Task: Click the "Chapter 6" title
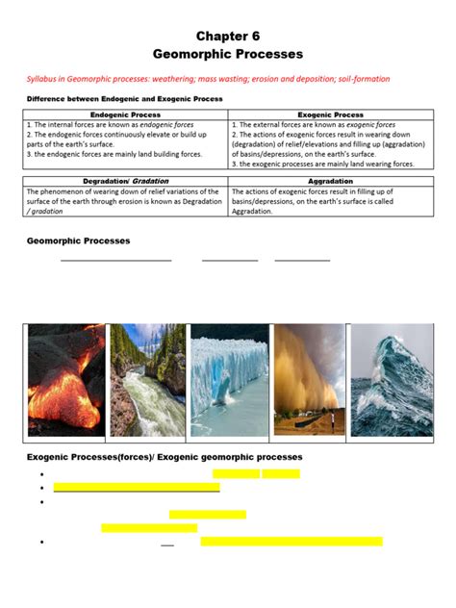[x=228, y=36]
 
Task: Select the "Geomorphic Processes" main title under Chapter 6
[x=228, y=55]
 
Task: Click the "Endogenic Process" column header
[x=125, y=114]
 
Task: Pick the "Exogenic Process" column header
[x=330, y=114]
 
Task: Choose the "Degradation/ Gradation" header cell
[x=125, y=181]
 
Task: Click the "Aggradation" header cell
[x=330, y=181]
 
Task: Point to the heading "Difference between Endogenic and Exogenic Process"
[x=124, y=99]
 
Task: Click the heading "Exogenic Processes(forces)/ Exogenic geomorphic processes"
[x=165, y=456]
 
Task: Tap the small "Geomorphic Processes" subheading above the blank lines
[x=79, y=241]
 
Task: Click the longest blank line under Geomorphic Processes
[x=116, y=260]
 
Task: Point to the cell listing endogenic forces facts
[x=125, y=139]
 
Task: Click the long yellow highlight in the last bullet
[x=291, y=542]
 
